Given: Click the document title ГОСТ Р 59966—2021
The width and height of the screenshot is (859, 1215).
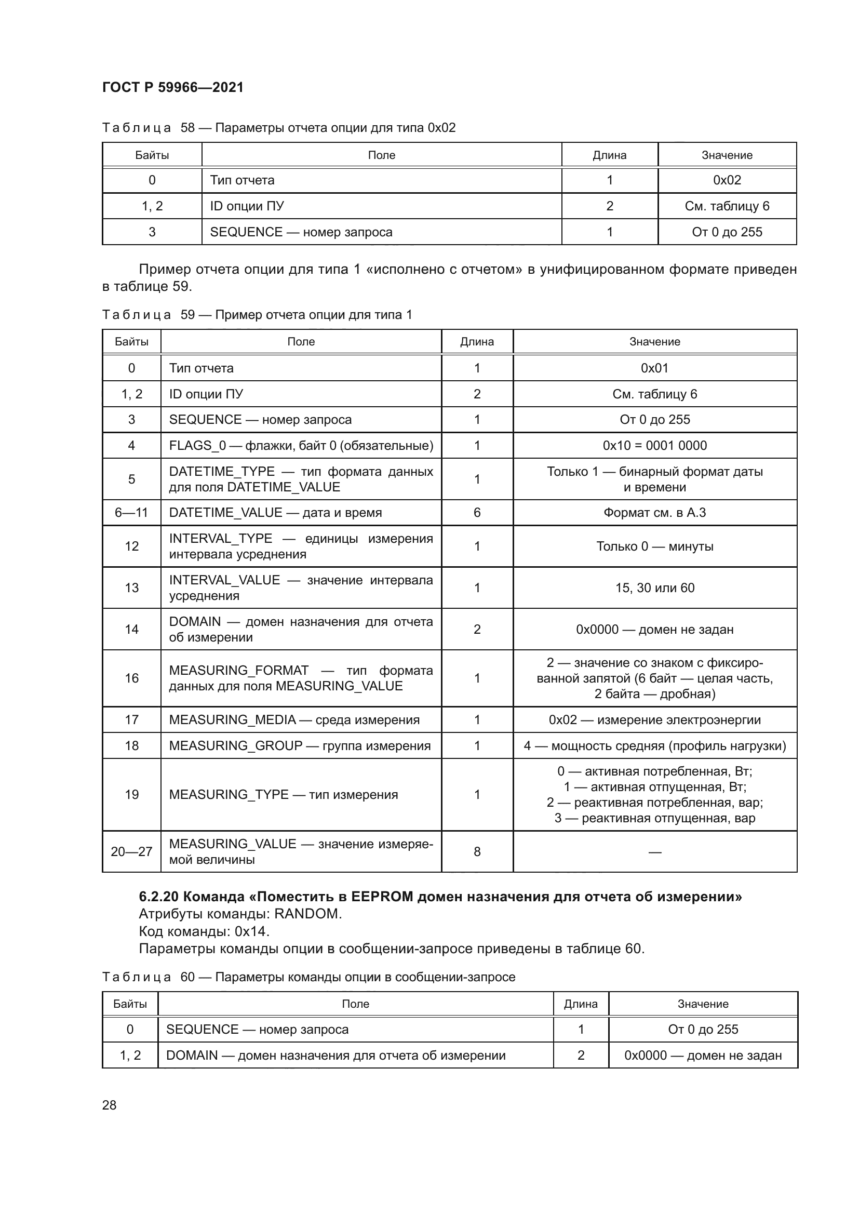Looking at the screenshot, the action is pyautogui.click(x=172, y=87).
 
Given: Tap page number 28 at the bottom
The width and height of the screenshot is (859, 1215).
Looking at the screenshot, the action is pyautogui.click(x=109, y=1105).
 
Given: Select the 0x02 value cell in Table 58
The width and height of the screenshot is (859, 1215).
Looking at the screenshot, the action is pyautogui.click(x=727, y=180).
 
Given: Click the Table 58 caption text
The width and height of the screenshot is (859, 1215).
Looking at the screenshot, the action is pyautogui.click(x=278, y=128).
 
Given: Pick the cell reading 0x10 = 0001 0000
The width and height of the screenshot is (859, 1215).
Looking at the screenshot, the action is pyautogui.click(x=654, y=446).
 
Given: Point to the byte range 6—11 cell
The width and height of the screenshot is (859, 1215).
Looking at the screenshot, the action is pyautogui.click(x=131, y=512).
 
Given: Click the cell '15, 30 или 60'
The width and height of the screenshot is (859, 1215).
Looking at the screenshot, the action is pyautogui.click(x=654, y=588).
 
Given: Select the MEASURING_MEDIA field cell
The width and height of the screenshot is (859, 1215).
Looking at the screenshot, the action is pyautogui.click(x=294, y=719).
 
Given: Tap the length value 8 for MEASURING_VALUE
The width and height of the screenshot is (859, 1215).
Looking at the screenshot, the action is pyautogui.click(x=477, y=851).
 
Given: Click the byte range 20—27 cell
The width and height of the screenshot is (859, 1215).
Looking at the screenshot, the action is pyautogui.click(x=131, y=851).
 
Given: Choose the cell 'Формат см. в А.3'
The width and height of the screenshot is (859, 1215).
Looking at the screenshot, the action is pyautogui.click(x=654, y=512).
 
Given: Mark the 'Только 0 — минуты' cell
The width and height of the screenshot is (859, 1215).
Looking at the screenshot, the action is pyautogui.click(x=654, y=546).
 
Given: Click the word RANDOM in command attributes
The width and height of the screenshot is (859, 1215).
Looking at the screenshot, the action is pyautogui.click(x=307, y=914).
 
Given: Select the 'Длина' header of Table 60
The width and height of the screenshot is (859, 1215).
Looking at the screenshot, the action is pyautogui.click(x=580, y=1004).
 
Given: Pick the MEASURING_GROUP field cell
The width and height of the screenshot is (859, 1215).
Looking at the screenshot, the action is pyautogui.click(x=299, y=745).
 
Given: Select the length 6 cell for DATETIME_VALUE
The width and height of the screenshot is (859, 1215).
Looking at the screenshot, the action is pyautogui.click(x=477, y=512).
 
